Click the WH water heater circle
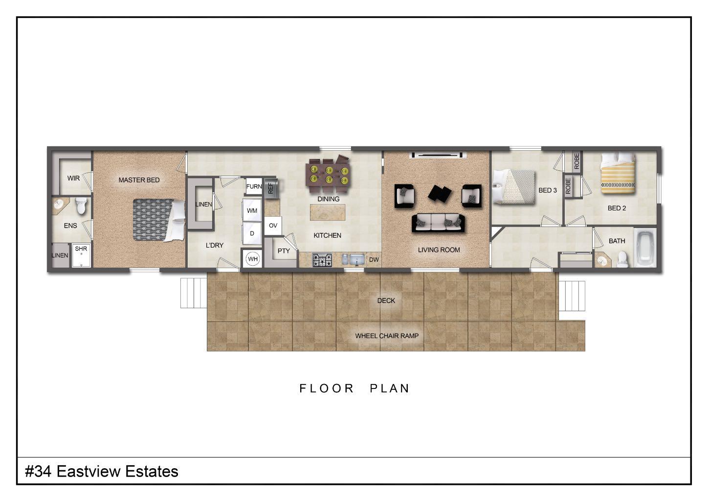[252, 259]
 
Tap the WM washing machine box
[252, 211]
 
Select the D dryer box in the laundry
[252, 233]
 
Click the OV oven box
[273, 226]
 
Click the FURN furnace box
[254, 187]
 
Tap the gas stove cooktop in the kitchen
[322, 260]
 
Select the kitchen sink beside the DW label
[354, 260]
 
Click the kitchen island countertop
[327, 212]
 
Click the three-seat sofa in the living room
[438, 223]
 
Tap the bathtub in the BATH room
[645, 248]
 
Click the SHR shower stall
[81, 255]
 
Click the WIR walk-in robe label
[73, 178]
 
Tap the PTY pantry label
[284, 251]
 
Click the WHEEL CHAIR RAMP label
[386, 336]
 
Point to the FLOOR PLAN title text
[354, 388]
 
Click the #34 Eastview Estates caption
[102, 472]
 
